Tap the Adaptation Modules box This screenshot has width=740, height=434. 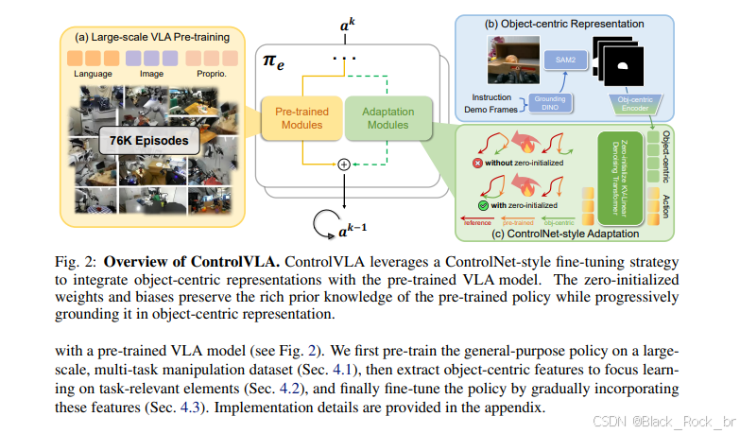(387, 119)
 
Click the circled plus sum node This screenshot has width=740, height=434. (344, 164)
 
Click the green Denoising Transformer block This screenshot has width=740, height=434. (612, 177)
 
